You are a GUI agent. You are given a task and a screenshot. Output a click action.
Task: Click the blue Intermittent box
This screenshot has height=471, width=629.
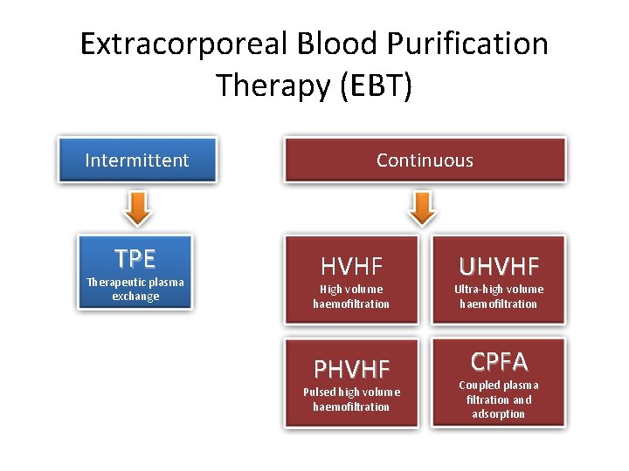(x=136, y=160)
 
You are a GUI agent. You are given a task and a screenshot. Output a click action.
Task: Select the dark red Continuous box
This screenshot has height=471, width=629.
(x=425, y=160)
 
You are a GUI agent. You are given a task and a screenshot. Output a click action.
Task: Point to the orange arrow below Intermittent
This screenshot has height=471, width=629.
(x=136, y=207)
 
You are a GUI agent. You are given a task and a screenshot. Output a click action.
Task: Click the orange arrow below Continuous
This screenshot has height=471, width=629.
(x=423, y=207)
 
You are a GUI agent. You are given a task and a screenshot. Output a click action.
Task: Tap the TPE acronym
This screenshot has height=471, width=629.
(x=135, y=258)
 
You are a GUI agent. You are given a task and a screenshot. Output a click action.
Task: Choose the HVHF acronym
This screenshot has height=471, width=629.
(x=351, y=266)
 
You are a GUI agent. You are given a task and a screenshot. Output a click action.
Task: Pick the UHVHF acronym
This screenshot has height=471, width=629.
(x=499, y=266)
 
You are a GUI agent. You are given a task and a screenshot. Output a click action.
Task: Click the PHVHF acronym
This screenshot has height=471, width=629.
(x=351, y=369)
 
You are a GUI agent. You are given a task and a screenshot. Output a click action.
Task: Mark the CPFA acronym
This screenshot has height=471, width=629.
(x=499, y=361)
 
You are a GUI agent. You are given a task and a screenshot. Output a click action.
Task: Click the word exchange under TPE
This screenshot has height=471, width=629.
(x=135, y=297)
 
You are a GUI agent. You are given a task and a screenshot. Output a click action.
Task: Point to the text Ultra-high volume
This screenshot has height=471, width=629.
(x=499, y=289)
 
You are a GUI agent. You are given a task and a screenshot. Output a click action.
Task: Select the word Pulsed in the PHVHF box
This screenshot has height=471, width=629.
(x=321, y=392)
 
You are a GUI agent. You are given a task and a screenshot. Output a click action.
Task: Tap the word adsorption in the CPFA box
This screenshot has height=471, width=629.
(x=499, y=414)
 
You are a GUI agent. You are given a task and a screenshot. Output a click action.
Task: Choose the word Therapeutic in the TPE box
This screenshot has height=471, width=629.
(x=117, y=282)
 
